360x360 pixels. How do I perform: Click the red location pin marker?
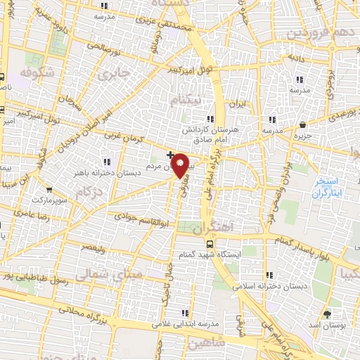181,165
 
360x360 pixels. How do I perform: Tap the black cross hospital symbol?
170,153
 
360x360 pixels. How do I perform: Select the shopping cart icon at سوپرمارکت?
49,189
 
